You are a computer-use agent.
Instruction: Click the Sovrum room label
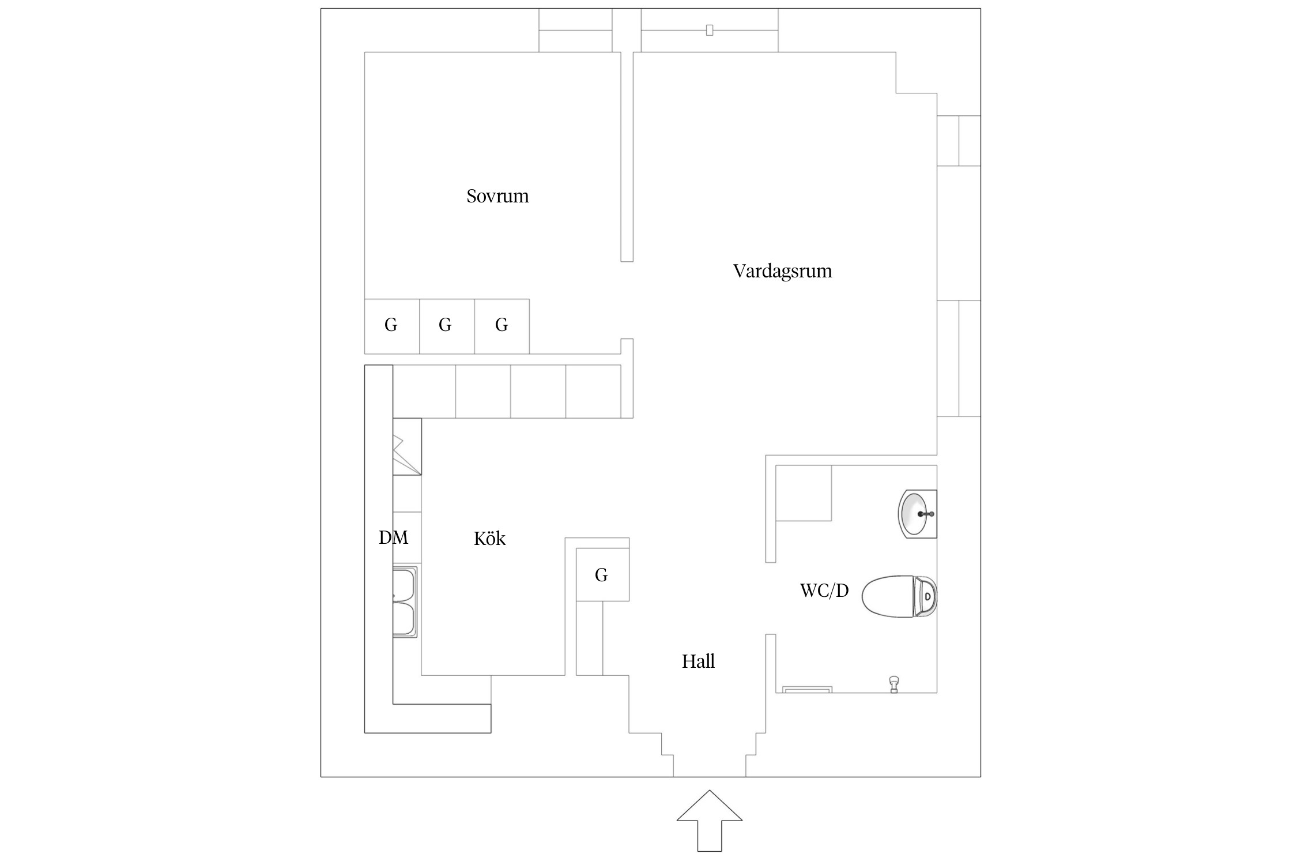pos(497,196)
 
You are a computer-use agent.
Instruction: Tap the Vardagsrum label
pos(782,271)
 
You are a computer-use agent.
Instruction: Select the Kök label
pos(489,539)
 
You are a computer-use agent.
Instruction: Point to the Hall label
pos(698,661)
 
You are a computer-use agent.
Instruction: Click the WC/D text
pos(824,591)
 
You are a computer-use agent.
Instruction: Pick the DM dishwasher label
pos(393,537)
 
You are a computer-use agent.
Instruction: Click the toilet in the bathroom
pos(891,596)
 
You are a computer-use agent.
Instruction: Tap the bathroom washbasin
pos(917,513)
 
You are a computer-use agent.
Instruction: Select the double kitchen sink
pos(405,602)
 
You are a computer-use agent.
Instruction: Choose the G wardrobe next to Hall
pos(602,574)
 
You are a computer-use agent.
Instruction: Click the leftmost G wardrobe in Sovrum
pos(391,326)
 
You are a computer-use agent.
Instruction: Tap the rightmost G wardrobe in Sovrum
pos(502,326)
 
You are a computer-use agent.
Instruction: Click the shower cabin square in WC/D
pos(804,493)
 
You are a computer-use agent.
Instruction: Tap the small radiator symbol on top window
pos(709,30)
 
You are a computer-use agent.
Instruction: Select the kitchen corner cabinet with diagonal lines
pos(407,446)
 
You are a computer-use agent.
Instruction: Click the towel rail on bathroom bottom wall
pos(806,690)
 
